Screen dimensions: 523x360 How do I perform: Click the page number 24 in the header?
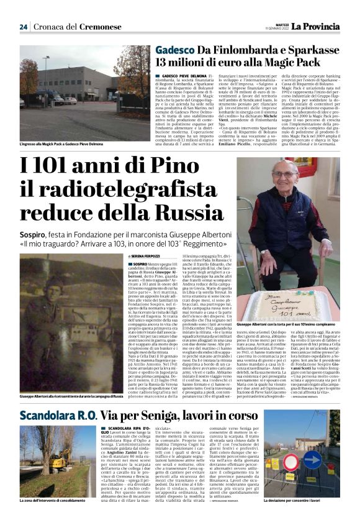pyautogui.click(x=24, y=27)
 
